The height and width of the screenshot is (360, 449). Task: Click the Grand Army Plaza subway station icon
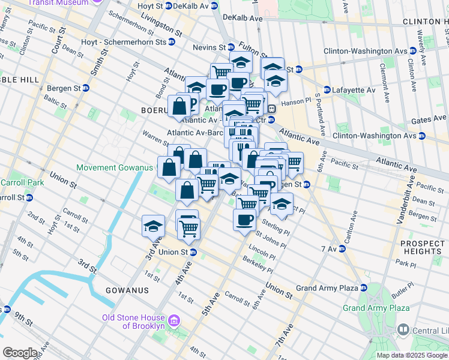tap(364, 288)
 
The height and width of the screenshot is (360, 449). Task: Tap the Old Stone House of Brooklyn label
tap(134, 322)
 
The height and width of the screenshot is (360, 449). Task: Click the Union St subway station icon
tap(192, 252)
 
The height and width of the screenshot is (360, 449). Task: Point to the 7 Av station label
tap(331, 248)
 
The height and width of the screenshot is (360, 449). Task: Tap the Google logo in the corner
tap(20, 353)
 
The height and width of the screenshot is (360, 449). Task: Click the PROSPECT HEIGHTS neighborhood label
tap(423, 247)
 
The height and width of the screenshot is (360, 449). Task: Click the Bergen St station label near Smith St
tap(63, 88)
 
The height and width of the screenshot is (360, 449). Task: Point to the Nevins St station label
tap(209, 47)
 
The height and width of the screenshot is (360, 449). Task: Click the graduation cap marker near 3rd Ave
tap(153, 226)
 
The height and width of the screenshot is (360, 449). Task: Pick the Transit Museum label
tap(60, 2)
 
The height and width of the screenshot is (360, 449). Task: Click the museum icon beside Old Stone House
tap(174, 322)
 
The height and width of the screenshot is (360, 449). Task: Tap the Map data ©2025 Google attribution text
tap(412, 355)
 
